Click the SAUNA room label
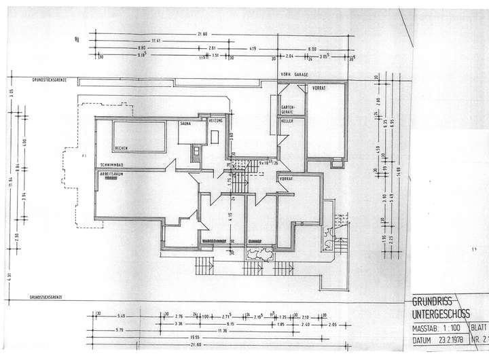pos(185,124)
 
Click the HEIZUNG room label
pos(216,120)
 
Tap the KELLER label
pos(287,121)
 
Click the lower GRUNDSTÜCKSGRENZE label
pos(45,297)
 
